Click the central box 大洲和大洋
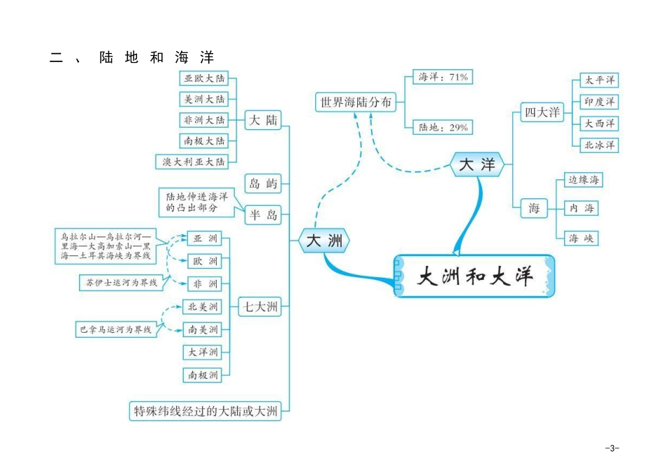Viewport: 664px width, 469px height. coord(475,276)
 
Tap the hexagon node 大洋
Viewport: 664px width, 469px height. coord(477,165)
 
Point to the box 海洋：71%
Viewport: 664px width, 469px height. coord(443,77)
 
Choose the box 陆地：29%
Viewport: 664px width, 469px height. coord(443,128)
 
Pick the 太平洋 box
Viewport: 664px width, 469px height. coord(600,80)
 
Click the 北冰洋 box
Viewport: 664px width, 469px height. coord(600,145)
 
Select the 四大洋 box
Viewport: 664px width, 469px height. coord(542,112)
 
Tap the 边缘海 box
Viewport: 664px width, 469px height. coord(584,180)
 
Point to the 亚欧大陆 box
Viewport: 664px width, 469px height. coord(204,78)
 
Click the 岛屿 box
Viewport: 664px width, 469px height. coord(264,184)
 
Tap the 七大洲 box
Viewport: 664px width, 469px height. coord(261,306)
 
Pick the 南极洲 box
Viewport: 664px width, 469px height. coord(202,375)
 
